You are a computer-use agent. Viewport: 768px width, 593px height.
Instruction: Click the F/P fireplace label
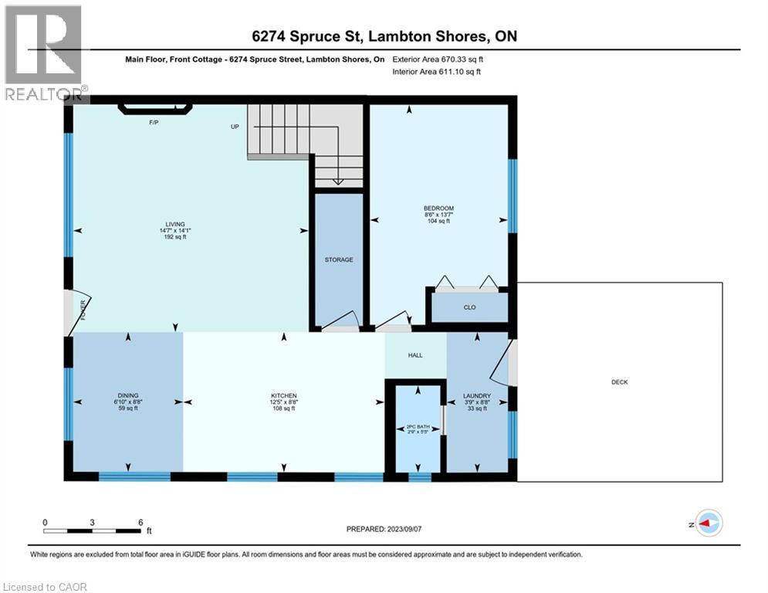tap(154, 122)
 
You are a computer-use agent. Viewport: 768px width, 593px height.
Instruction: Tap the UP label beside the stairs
tap(235, 127)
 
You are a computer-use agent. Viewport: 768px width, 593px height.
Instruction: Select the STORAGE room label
tap(339, 259)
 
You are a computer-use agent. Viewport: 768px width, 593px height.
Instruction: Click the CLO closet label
tap(470, 307)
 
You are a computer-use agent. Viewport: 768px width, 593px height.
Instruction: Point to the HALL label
tap(415, 355)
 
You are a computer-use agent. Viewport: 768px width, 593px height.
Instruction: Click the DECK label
tap(620, 381)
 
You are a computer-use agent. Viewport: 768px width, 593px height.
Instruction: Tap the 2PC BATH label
tap(418, 427)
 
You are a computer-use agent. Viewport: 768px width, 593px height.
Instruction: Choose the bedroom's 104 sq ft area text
tap(439, 221)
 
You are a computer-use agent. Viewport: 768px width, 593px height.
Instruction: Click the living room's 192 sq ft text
tap(175, 237)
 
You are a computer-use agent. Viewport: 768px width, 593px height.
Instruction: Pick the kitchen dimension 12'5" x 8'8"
tap(284, 402)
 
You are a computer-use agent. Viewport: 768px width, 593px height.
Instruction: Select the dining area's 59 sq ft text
tap(128, 408)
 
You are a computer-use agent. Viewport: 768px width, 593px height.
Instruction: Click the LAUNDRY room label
tap(477, 395)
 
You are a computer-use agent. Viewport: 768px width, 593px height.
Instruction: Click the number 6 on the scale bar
tap(140, 523)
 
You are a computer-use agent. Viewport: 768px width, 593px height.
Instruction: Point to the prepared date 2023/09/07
tap(404, 529)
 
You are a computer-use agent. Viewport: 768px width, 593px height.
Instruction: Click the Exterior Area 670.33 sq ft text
tap(438, 59)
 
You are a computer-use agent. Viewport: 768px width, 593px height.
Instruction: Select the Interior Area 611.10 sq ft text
tap(436, 72)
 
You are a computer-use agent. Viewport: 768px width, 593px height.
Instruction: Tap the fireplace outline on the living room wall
tap(155, 109)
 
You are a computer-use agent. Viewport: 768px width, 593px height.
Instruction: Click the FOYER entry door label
tap(83, 310)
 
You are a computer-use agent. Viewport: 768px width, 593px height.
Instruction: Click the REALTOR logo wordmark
tap(43, 94)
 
